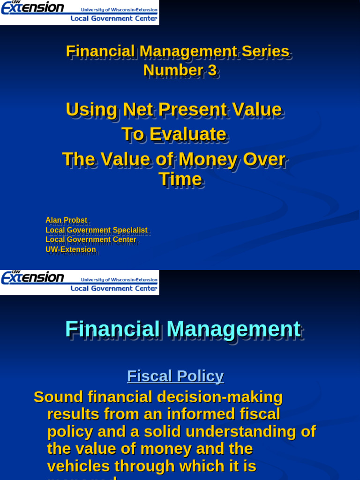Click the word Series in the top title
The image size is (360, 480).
click(x=265, y=51)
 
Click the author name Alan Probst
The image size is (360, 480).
click(x=66, y=220)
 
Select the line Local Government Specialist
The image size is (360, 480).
click(x=96, y=230)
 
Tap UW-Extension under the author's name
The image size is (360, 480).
click(x=70, y=249)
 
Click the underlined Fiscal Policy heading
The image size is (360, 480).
click(x=175, y=376)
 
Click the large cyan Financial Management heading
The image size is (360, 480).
click(x=183, y=329)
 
